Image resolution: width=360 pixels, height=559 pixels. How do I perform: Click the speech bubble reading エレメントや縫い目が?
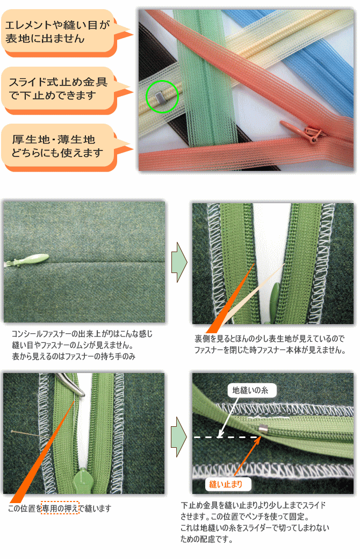(x=59, y=33)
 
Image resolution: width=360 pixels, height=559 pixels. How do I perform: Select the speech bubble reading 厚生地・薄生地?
(x=59, y=147)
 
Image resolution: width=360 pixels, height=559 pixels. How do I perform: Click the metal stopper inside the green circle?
(x=159, y=96)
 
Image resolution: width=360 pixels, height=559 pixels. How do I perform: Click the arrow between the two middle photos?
(x=179, y=262)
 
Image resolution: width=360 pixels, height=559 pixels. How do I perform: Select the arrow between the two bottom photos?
(x=179, y=436)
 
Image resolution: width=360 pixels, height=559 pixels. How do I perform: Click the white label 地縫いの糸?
(x=250, y=390)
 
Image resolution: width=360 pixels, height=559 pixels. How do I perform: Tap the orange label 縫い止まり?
(x=226, y=484)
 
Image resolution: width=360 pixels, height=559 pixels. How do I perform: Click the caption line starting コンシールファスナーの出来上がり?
(x=82, y=334)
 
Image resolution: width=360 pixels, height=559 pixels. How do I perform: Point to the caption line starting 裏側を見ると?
(x=270, y=338)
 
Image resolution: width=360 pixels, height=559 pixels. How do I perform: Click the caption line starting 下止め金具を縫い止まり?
(x=253, y=505)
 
